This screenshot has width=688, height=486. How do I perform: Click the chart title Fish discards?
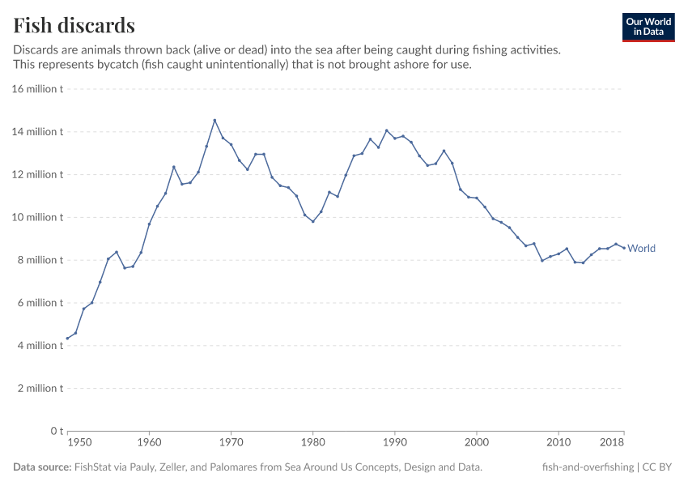pos(74,25)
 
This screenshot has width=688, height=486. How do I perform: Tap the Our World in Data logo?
pos(648,27)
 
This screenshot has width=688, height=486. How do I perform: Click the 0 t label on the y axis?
pos(55,431)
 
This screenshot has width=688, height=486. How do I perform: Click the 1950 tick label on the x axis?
pos(79,443)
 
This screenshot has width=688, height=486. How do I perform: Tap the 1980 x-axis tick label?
pos(312,443)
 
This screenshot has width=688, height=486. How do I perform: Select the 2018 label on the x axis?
pos(611,443)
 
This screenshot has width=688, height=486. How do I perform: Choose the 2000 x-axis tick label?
pos(477,443)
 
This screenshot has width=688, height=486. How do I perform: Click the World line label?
pos(641,249)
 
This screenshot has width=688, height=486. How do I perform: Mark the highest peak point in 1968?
pos(214,121)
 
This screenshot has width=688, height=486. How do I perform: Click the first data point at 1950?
pos(67,339)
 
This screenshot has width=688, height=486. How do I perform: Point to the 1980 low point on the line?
pos(312,221)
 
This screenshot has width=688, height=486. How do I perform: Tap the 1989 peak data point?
pos(386,130)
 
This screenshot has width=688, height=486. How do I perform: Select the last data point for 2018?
pos(623,248)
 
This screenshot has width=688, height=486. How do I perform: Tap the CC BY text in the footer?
pos(660,467)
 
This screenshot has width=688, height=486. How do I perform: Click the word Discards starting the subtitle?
pos(36,49)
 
